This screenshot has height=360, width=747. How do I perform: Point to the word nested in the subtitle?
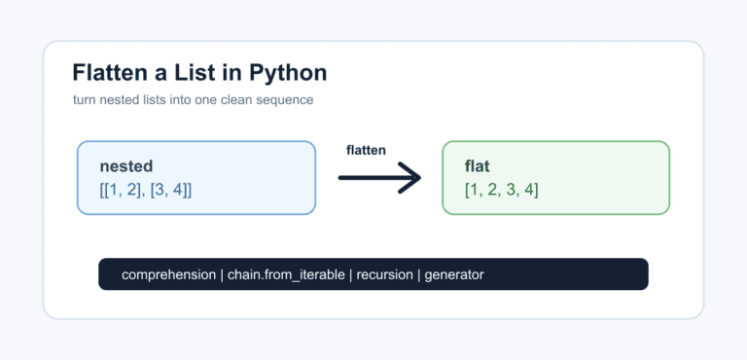(116, 100)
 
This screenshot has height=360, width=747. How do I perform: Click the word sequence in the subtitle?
(291, 100)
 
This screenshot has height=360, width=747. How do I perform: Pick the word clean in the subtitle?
(252, 100)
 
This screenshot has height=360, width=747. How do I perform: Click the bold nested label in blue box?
(126, 166)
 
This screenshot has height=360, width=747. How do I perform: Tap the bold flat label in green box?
(477, 166)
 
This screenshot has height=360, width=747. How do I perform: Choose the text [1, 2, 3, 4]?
(501, 190)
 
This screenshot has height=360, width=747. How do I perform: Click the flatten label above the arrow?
(366, 150)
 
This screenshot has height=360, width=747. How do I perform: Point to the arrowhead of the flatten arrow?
(419, 178)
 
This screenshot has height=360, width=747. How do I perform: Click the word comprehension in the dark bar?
(168, 275)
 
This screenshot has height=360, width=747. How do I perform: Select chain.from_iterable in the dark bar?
(286, 275)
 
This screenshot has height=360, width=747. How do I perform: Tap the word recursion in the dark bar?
(384, 275)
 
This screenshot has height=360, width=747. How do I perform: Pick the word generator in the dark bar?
(454, 275)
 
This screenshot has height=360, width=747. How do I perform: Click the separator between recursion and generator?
(419, 275)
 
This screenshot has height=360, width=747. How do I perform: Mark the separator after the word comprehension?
(222, 275)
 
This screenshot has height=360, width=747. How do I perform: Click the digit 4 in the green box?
(528, 190)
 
